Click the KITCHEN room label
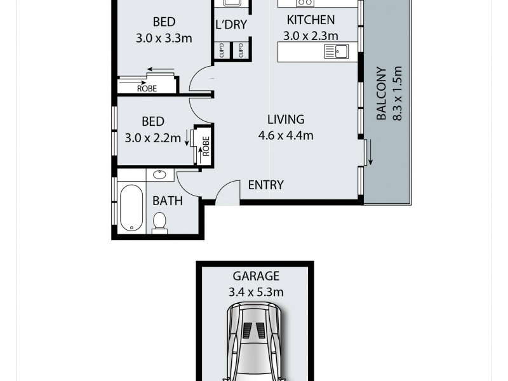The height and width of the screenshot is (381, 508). click(x=311, y=20)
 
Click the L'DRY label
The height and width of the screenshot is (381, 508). click(x=231, y=25)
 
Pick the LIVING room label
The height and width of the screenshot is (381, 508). click(x=286, y=119)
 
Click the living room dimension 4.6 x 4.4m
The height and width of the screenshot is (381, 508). click(x=286, y=135)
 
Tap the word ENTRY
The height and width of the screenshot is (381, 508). click(x=265, y=185)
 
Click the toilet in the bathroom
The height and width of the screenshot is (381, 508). click(x=160, y=222)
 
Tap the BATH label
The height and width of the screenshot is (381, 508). click(x=168, y=201)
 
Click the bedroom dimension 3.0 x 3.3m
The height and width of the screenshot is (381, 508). click(x=164, y=38)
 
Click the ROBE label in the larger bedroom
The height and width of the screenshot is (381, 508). click(x=147, y=89)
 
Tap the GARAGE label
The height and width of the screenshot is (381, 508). click(x=256, y=276)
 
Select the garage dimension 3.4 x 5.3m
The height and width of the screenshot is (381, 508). click(x=256, y=292)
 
